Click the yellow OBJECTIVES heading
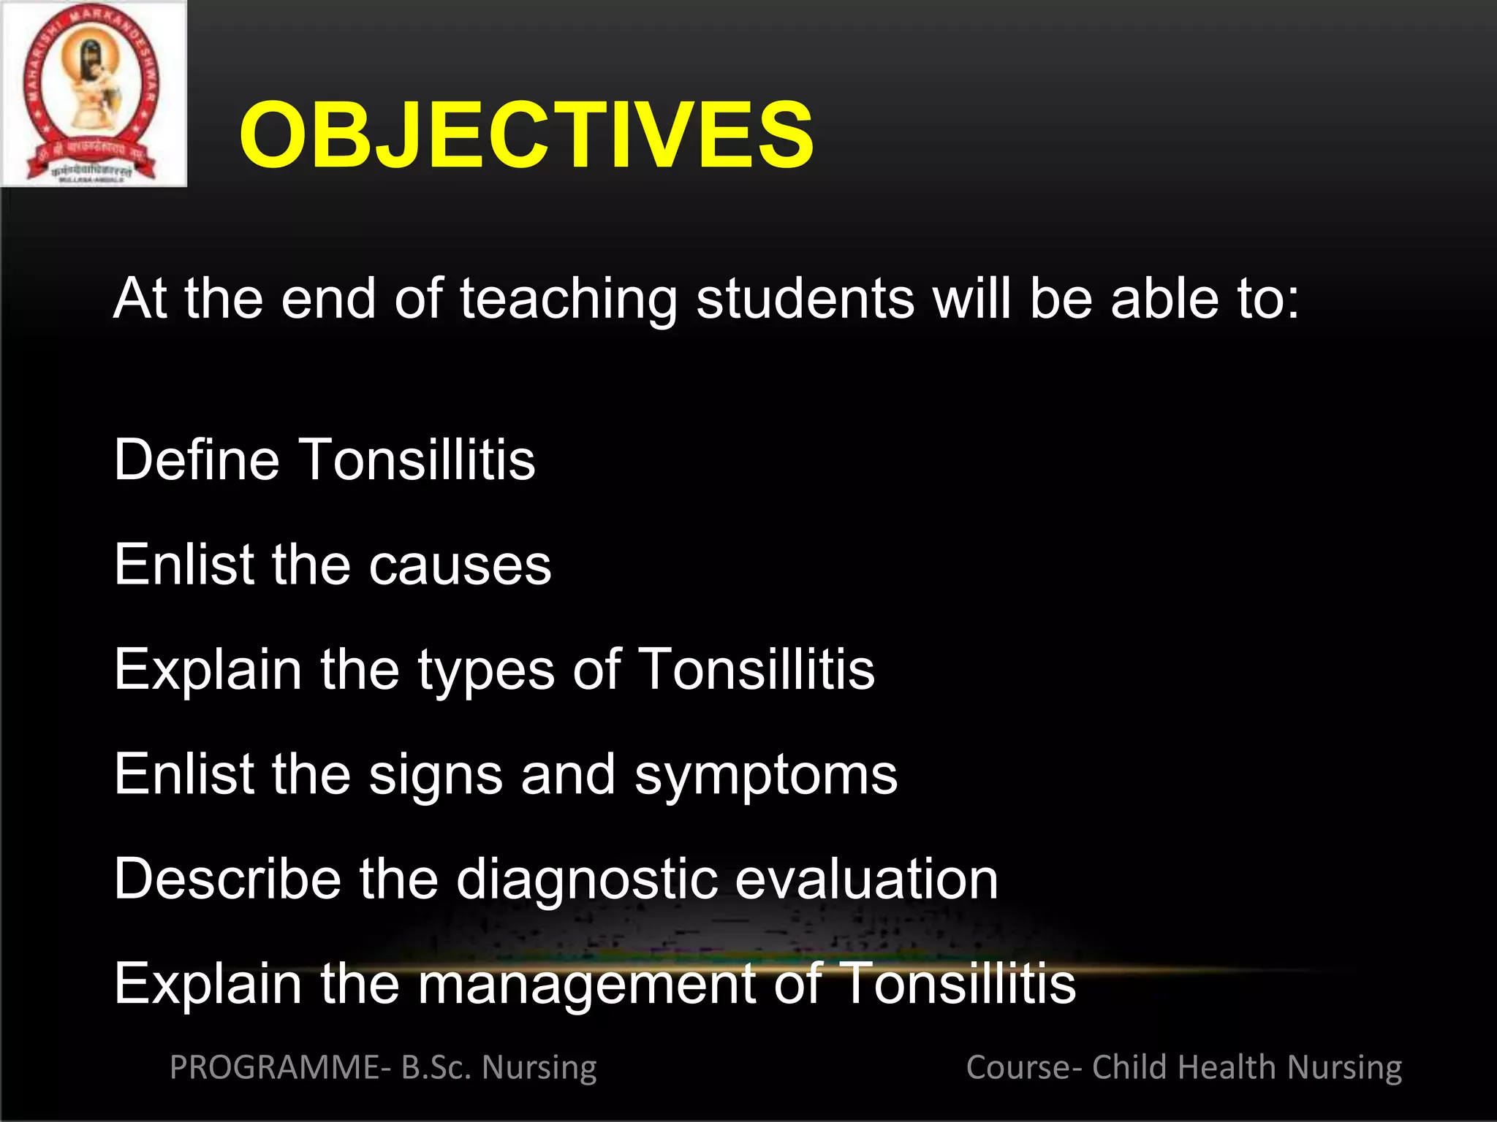coord(526,135)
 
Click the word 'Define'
coord(197,460)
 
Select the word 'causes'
coord(460,565)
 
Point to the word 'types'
coord(486,671)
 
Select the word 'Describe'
coord(227,879)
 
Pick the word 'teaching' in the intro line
coord(569,299)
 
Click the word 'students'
coord(805,299)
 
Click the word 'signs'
coord(436,776)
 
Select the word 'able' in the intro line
coord(1165,299)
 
